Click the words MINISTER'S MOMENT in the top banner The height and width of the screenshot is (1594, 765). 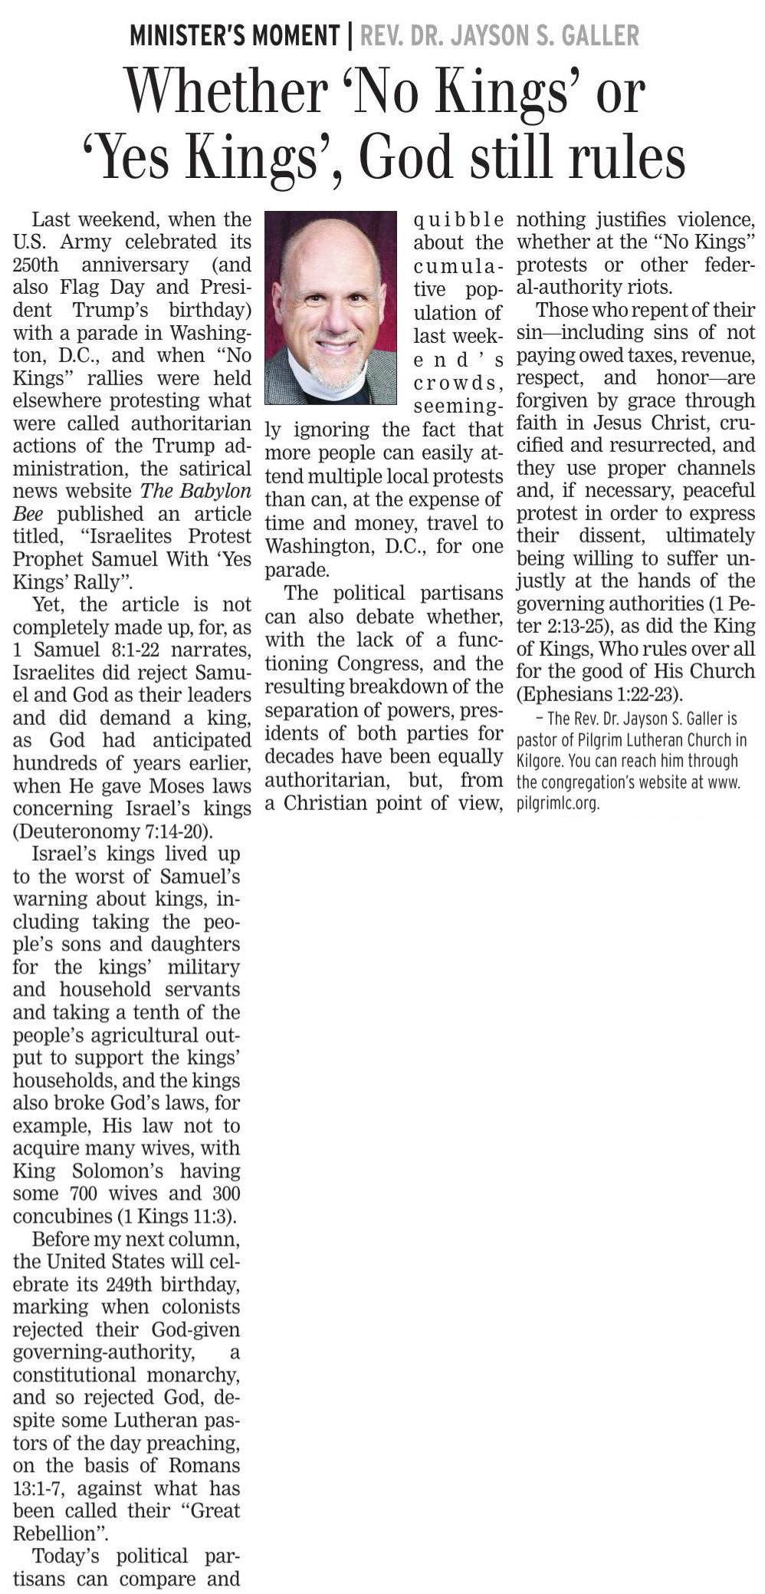point(235,35)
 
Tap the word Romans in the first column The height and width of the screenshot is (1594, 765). point(204,1465)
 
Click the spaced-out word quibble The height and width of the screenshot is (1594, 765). point(458,220)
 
